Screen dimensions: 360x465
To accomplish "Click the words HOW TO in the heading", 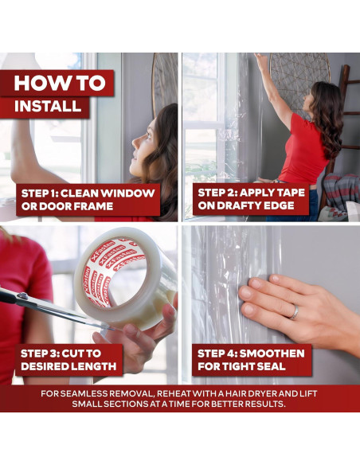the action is pos(60,83).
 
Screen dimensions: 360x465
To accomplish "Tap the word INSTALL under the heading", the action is pos(48,106).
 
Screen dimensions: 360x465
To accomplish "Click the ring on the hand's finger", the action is pos(295,312).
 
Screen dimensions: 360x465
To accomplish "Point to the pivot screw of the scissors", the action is pos(23,295).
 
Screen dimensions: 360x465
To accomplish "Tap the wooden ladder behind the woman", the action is pos(346,119).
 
